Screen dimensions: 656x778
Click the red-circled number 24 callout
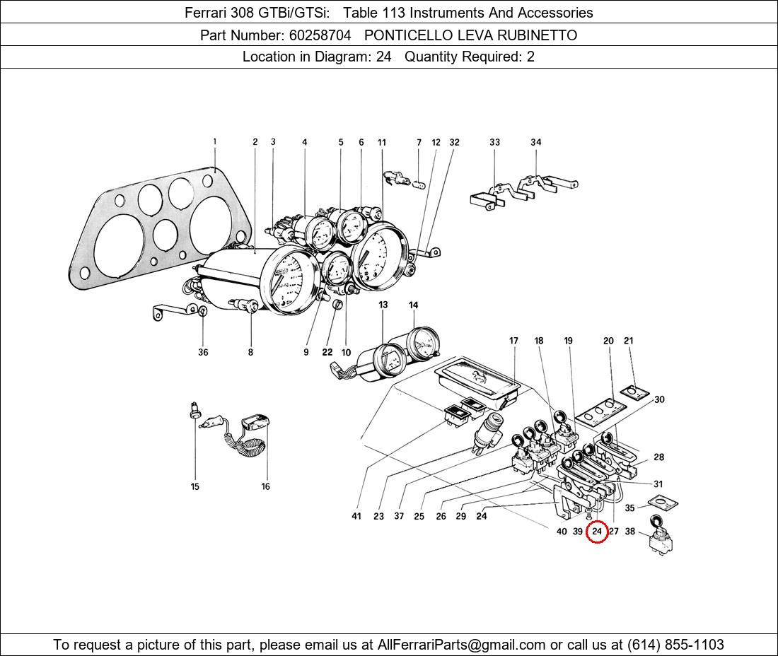(597, 532)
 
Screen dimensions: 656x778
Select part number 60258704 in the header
(319, 35)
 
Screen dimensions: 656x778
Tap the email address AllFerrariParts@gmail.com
(462, 645)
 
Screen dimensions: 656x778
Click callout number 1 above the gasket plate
(215, 142)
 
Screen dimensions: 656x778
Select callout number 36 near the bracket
(203, 352)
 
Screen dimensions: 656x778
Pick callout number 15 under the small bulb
(195, 486)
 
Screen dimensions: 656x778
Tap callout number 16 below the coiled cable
(266, 486)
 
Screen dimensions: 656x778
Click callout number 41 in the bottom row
(356, 516)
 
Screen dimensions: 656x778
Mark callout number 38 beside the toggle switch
(630, 532)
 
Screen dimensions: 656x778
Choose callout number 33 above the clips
(494, 142)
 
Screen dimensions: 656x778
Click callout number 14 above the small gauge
(413, 305)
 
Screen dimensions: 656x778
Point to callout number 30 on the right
(659, 399)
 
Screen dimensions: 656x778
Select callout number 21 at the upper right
(629, 341)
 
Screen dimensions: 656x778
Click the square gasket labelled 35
(662, 504)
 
